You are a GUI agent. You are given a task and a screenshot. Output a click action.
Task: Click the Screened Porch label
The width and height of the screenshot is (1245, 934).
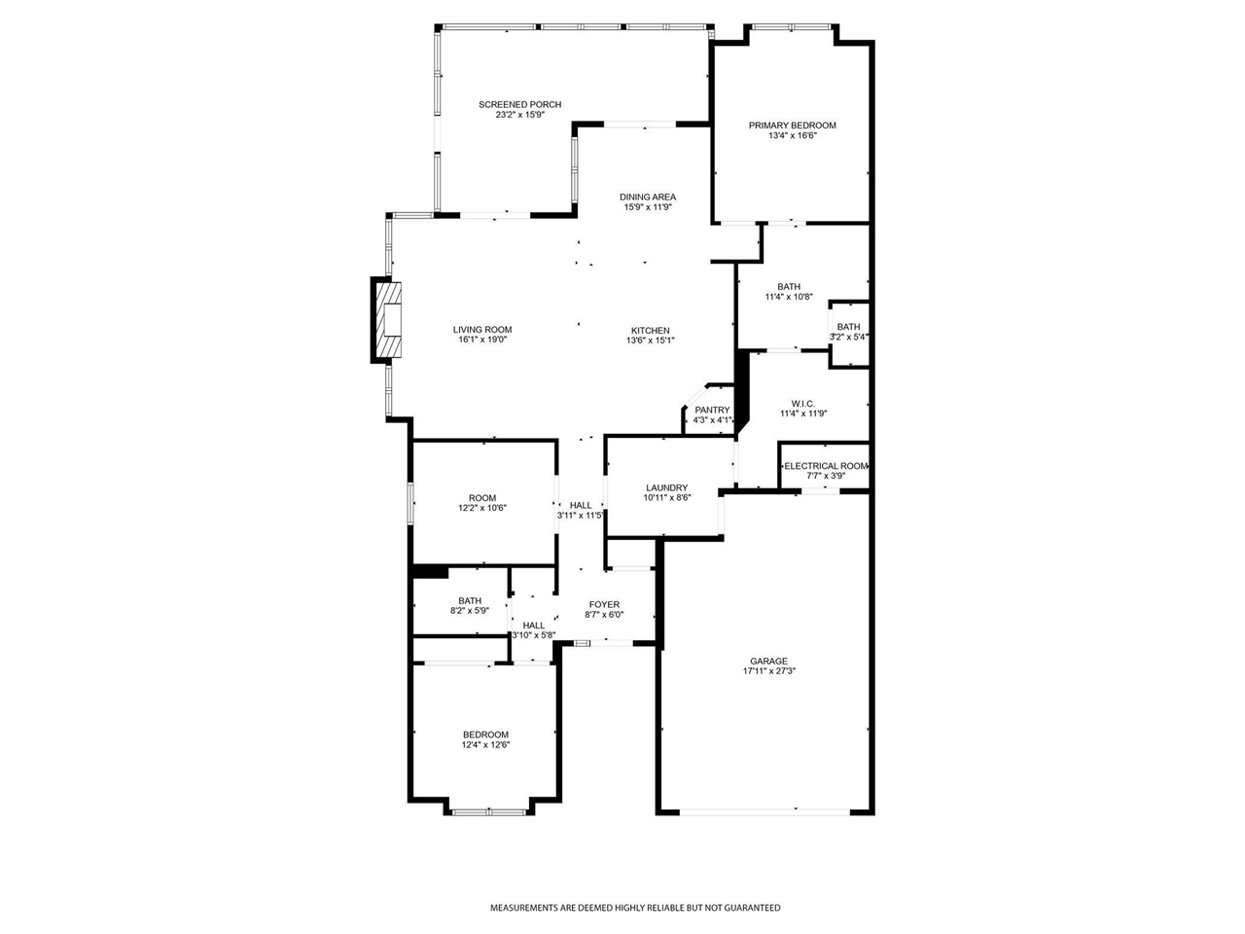click(519, 104)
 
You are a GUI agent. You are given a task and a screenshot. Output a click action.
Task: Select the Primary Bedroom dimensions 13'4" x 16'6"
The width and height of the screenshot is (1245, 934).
click(792, 136)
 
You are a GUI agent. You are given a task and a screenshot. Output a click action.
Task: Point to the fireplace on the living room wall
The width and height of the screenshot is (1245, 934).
click(386, 320)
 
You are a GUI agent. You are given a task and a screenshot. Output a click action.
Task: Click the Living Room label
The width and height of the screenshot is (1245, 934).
click(482, 330)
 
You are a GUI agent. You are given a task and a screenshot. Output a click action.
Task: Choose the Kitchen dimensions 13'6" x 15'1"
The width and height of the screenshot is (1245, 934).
click(649, 341)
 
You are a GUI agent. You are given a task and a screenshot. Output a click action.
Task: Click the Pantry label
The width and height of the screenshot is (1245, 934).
click(712, 410)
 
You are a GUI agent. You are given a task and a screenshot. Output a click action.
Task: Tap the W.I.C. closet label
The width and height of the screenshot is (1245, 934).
click(802, 403)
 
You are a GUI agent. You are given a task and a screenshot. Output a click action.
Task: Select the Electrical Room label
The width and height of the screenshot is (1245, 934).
click(826, 466)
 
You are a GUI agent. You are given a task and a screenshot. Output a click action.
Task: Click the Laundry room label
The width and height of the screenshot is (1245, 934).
click(667, 487)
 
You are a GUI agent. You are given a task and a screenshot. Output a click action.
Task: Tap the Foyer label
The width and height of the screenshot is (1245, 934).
click(604, 604)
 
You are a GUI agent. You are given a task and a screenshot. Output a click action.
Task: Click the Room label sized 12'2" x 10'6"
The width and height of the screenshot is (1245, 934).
click(482, 497)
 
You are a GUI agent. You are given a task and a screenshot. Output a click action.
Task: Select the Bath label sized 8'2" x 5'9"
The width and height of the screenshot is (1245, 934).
click(470, 600)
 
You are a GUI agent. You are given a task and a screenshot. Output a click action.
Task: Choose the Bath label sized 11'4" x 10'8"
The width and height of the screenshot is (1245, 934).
click(789, 286)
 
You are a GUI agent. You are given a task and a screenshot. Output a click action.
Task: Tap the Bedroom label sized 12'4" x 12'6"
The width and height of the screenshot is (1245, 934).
click(485, 735)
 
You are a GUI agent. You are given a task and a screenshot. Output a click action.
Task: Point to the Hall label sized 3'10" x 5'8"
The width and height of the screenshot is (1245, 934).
click(533, 626)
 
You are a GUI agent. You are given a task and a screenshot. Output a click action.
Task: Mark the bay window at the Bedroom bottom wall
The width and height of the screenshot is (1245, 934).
click(490, 810)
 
